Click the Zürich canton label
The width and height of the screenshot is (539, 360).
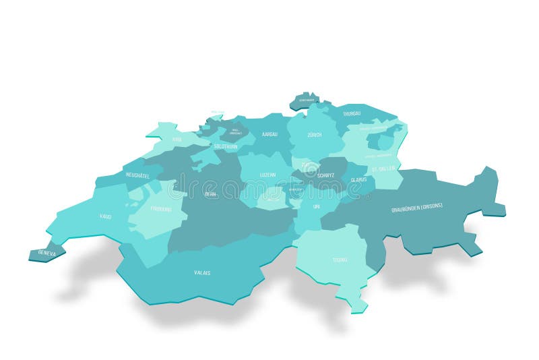coord(314,135)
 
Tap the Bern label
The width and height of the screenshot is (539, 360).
coord(211,193)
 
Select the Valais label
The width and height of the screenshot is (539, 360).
coord(202,272)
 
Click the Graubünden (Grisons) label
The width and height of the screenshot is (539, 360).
coord(417,208)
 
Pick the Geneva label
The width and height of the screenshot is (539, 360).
coord(47,253)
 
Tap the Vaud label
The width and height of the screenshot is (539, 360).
coord(106,216)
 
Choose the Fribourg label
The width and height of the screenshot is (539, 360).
coord(161,209)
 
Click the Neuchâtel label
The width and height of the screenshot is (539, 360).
coord(138,175)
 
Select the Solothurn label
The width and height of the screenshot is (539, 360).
coord(225,146)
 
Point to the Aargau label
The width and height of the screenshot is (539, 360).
coord(269,135)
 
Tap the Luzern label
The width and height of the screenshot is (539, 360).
coord(267,175)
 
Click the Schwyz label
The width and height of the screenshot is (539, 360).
coord(317,175)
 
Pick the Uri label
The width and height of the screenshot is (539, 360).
coord(316,206)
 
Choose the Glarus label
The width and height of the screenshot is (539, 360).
coord(358,180)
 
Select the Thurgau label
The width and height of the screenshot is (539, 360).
coord(352,113)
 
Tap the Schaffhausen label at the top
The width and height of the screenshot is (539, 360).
coord(307,100)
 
